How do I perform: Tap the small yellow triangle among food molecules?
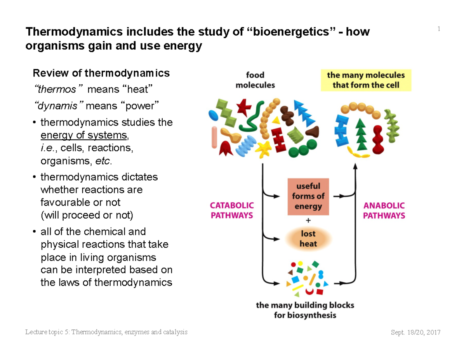tap(276, 120)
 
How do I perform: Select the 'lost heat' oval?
tap(308, 239)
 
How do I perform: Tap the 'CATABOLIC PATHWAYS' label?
tap(232, 210)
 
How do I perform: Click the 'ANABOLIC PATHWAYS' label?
tap(384, 210)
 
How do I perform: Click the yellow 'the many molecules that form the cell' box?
tap(366, 80)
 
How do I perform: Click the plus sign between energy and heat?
tap(308, 220)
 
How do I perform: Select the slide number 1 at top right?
tap(439, 29)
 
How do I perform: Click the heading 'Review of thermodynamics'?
tap(101, 73)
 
